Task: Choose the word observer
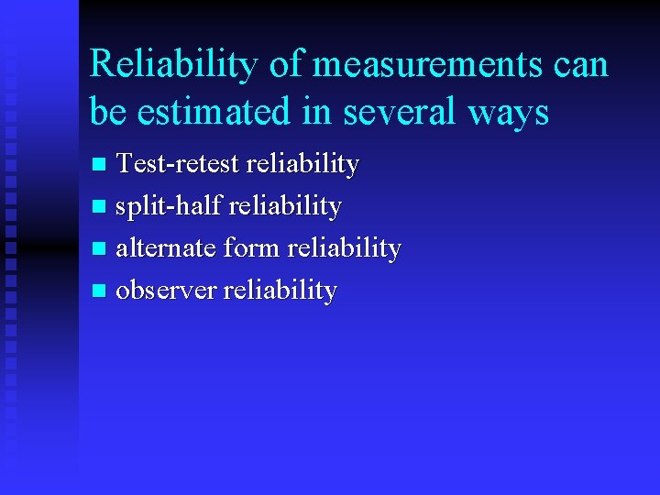[x=166, y=291]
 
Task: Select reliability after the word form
[x=344, y=248]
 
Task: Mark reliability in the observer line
[x=280, y=291]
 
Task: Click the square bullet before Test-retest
[x=101, y=166]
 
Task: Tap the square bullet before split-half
[x=101, y=207]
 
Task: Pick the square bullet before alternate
[x=101, y=249]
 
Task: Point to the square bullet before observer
[x=101, y=291]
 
